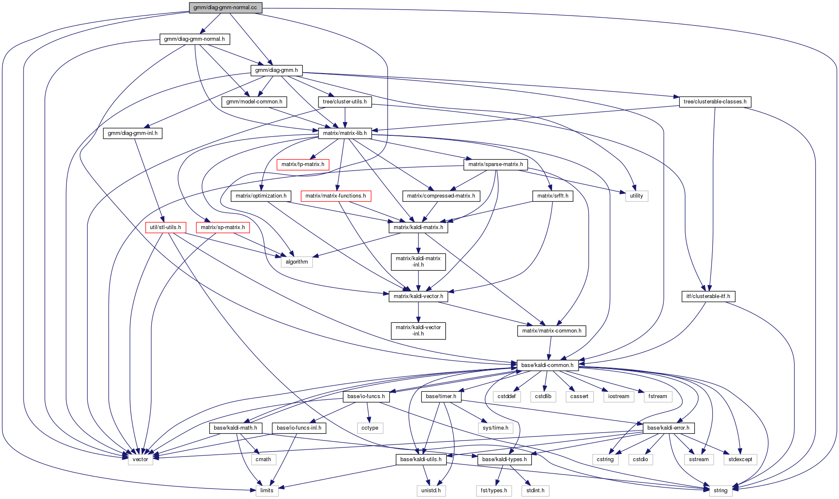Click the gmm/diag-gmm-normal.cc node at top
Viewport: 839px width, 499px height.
pos(225,8)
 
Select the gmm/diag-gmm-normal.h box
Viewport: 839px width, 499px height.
pos(195,39)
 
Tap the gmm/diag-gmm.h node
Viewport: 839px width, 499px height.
pos(276,70)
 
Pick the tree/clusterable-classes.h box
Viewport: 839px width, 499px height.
pos(715,102)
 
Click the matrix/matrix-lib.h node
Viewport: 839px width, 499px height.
pos(345,133)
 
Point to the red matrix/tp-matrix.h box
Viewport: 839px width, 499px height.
pos(302,164)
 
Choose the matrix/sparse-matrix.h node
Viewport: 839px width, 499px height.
pos(495,164)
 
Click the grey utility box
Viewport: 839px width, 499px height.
pos(636,196)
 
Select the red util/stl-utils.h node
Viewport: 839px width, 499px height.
pos(166,227)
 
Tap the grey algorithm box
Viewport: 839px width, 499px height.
pos(297,262)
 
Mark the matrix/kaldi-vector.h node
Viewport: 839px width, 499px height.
pos(418,296)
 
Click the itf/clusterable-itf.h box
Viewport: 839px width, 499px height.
pos(708,296)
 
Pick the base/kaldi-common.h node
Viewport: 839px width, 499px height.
pos(547,365)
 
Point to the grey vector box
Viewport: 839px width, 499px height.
pos(140,459)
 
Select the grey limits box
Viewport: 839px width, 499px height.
pos(267,491)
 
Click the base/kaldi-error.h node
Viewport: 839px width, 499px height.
pos(668,428)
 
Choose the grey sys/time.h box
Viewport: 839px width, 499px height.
pos(495,428)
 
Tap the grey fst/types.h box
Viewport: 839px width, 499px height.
pos(494,491)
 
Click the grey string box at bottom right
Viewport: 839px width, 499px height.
pos(721,491)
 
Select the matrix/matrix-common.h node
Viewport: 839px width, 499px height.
pos(551,331)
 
